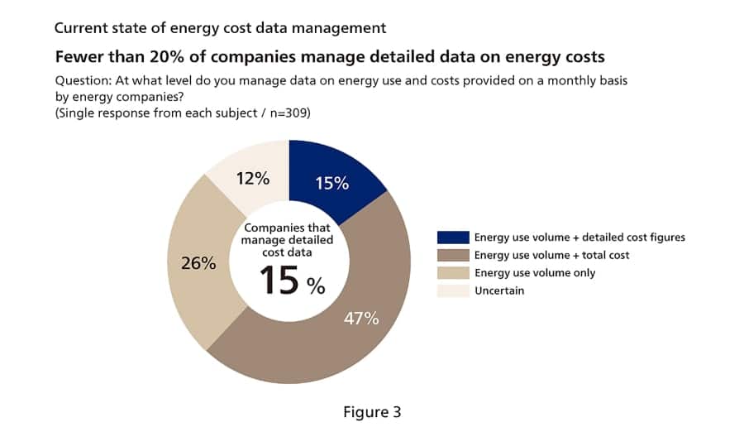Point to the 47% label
(x=361, y=318)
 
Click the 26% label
(x=198, y=263)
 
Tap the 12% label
(x=251, y=179)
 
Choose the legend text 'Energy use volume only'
(x=534, y=273)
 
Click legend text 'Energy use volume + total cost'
(x=551, y=255)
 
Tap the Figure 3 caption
(x=371, y=411)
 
